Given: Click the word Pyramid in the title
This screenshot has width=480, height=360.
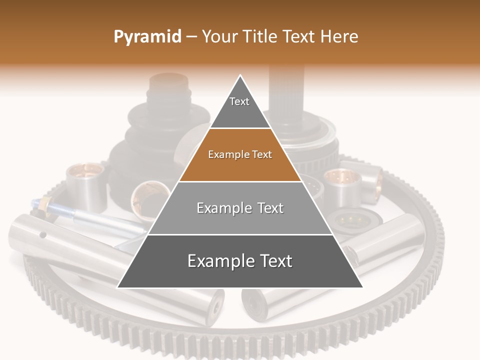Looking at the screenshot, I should coord(147,37).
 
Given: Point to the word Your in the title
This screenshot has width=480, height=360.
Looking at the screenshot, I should coord(218,37).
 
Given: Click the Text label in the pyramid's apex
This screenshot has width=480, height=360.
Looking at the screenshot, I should coord(239,101).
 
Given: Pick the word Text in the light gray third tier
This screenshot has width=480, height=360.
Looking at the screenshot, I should coord(271,208).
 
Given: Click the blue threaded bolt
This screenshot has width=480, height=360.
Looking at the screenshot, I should coord(75,212).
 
